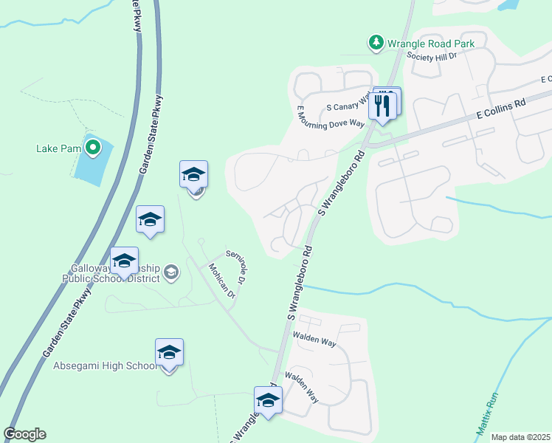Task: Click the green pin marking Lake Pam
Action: (x=92, y=148)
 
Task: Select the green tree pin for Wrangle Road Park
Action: (x=376, y=43)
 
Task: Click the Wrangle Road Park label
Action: (x=432, y=44)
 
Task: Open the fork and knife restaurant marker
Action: (x=382, y=105)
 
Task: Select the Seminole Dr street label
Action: (x=235, y=267)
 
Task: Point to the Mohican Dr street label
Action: (x=221, y=281)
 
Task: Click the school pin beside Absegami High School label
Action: (x=169, y=353)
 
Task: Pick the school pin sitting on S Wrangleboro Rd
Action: (x=268, y=401)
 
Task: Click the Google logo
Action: (x=24, y=434)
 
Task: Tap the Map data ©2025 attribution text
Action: (x=520, y=437)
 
